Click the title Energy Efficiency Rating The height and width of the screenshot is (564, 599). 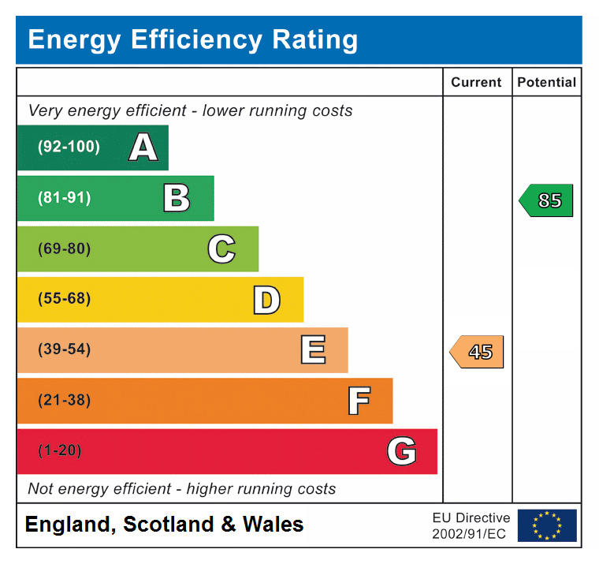(192, 39)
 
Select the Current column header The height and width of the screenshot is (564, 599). (476, 82)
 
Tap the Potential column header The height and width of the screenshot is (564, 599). (546, 82)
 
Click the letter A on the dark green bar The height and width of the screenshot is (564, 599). (143, 148)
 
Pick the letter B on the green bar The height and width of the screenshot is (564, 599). (177, 198)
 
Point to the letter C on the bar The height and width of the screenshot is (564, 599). (221, 249)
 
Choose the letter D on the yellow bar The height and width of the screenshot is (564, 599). (266, 300)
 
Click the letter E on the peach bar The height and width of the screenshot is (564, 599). (313, 350)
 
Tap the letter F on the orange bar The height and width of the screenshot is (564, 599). (359, 401)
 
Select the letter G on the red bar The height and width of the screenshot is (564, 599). (401, 451)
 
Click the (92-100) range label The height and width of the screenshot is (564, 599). (69, 147)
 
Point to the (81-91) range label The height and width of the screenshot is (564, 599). (64, 198)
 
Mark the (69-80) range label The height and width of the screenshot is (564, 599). (64, 248)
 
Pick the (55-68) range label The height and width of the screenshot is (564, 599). (64, 299)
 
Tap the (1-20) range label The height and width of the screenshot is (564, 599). (59, 450)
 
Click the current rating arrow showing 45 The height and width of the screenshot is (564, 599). (477, 352)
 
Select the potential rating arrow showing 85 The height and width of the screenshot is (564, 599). (546, 200)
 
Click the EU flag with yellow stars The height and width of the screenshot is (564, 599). (546, 525)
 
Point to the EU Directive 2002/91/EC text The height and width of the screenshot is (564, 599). (471, 525)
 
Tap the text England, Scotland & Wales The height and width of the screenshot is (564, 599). (164, 525)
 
